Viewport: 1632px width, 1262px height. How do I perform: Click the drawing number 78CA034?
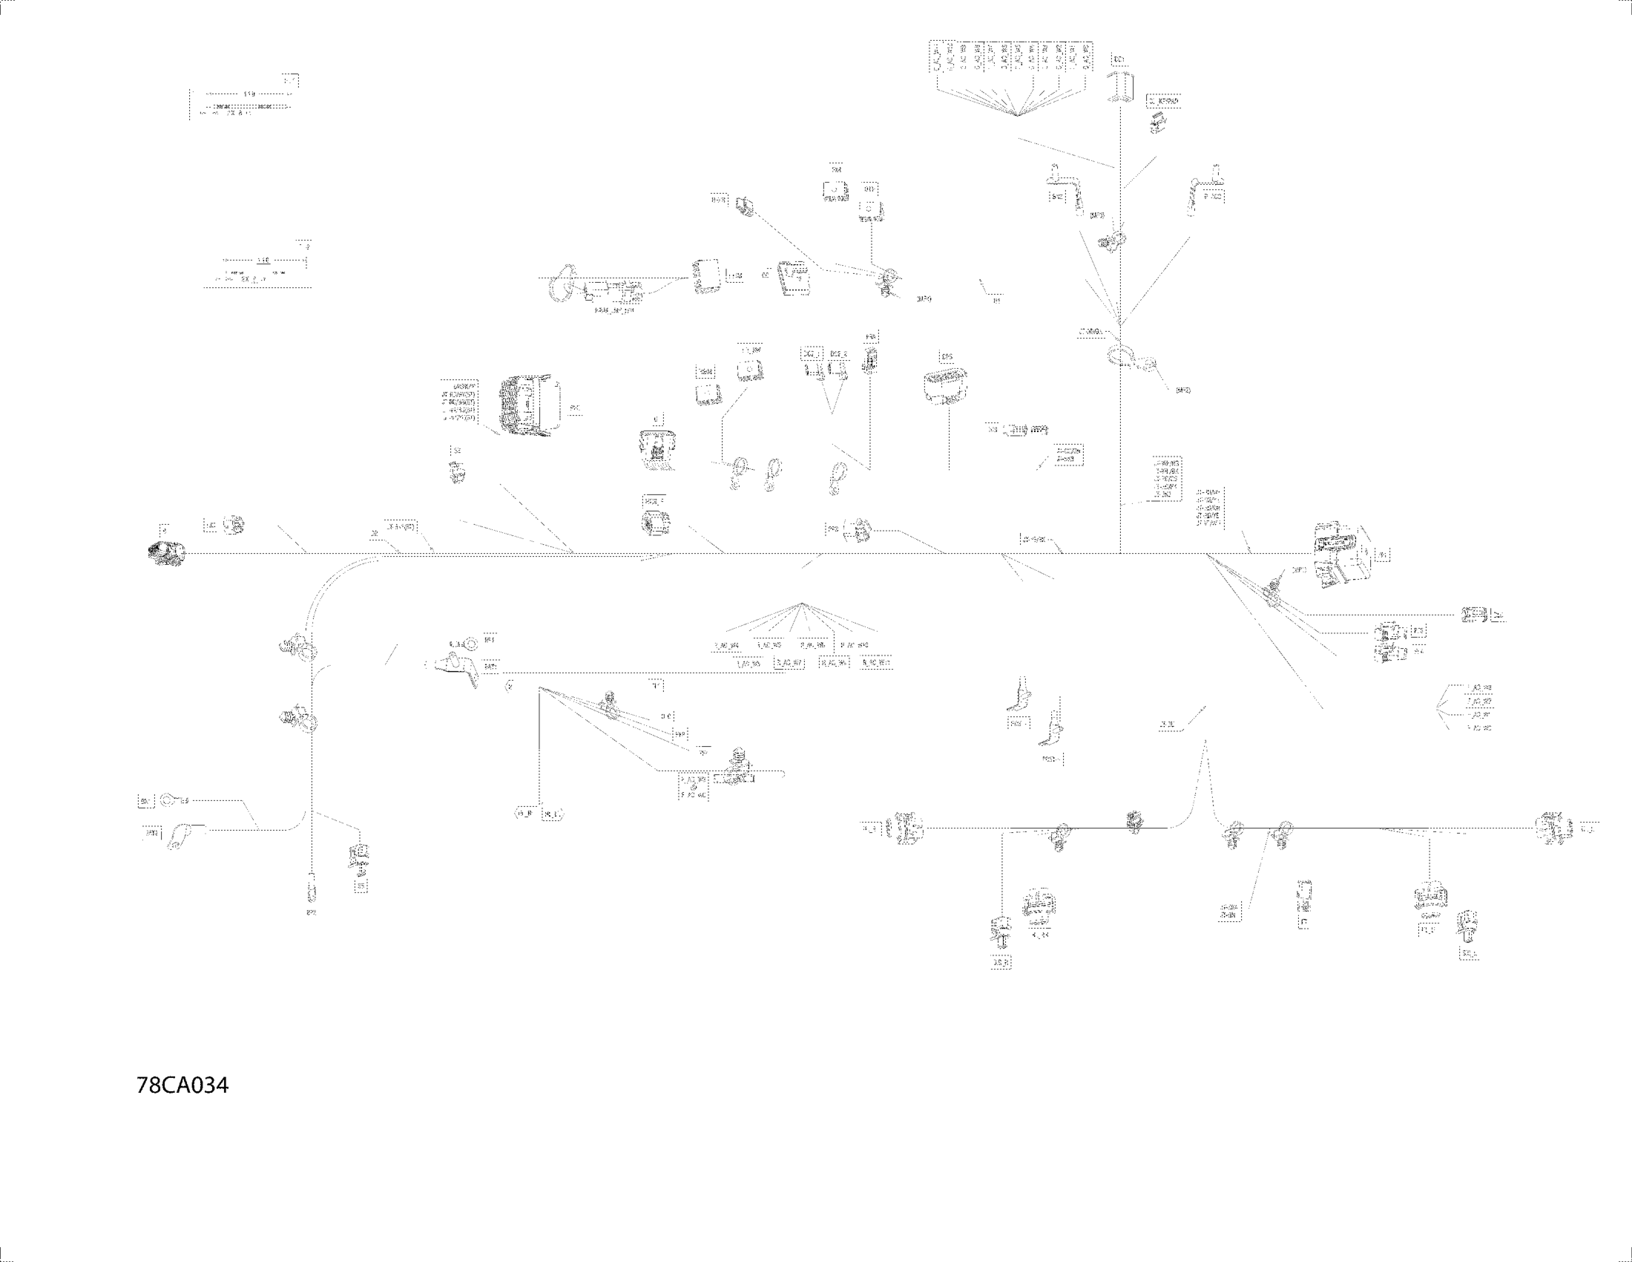(x=182, y=1085)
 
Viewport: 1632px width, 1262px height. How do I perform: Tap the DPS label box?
(x=947, y=357)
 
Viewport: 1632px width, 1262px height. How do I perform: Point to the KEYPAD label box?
(x=1164, y=100)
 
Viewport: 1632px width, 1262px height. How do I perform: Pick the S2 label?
(x=455, y=451)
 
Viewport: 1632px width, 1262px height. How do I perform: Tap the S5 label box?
(x=361, y=886)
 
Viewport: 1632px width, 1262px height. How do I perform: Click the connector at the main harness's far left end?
(x=165, y=553)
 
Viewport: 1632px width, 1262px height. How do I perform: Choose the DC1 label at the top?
(x=1119, y=59)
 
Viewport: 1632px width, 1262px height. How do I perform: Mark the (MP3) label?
(x=1097, y=216)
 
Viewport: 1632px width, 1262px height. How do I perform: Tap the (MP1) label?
(x=1299, y=570)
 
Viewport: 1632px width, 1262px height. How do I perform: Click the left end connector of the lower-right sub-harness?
(x=905, y=828)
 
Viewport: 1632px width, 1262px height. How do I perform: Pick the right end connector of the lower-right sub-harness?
(x=1553, y=828)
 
